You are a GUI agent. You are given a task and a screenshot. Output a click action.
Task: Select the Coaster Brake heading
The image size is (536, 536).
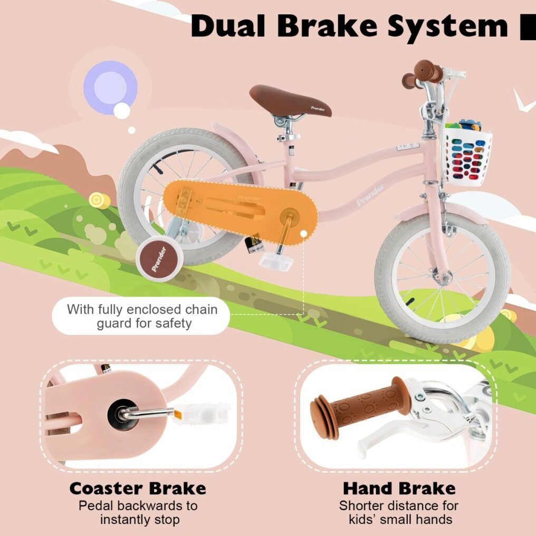(x=137, y=488)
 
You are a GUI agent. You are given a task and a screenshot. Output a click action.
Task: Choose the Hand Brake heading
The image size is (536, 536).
(x=399, y=488)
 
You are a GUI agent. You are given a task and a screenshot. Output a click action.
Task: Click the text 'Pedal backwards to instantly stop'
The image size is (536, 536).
(x=138, y=512)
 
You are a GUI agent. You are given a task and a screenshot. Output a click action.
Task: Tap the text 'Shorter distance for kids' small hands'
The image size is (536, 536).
(x=399, y=512)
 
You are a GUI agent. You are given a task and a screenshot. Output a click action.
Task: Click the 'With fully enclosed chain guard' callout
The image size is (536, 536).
(x=141, y=316)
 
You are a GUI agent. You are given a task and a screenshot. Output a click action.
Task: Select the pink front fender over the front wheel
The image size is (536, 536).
(x=443, y=213)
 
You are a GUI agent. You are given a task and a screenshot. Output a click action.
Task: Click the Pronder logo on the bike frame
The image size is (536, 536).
(x=370, y=195)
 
